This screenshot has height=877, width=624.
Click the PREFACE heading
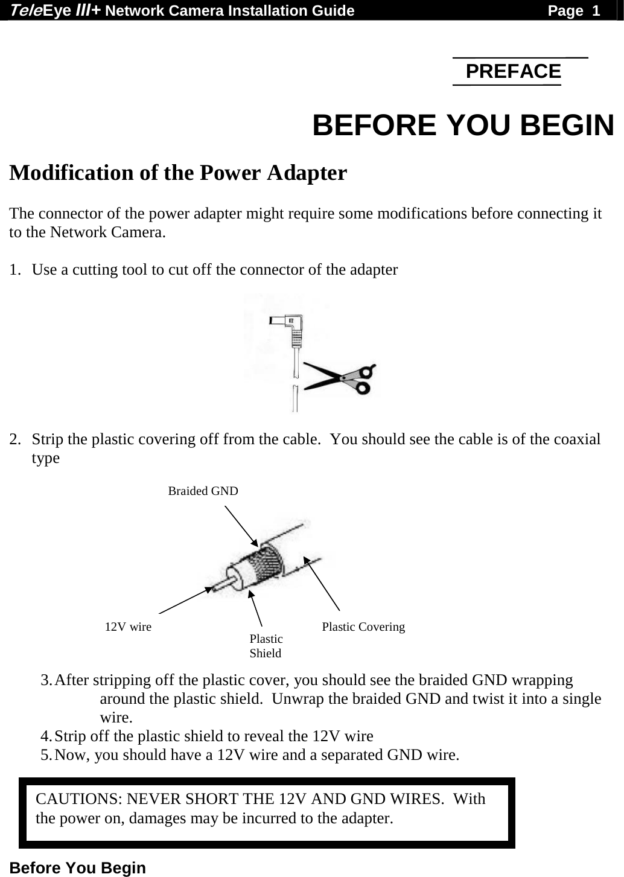[513, 71]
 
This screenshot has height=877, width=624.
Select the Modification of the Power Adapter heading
[179, 173]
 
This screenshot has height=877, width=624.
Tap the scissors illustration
[341, 378]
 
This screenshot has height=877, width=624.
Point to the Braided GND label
[203, 491]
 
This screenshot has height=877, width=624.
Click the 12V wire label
[129, 627]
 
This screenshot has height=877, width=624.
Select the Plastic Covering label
[363, 627]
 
